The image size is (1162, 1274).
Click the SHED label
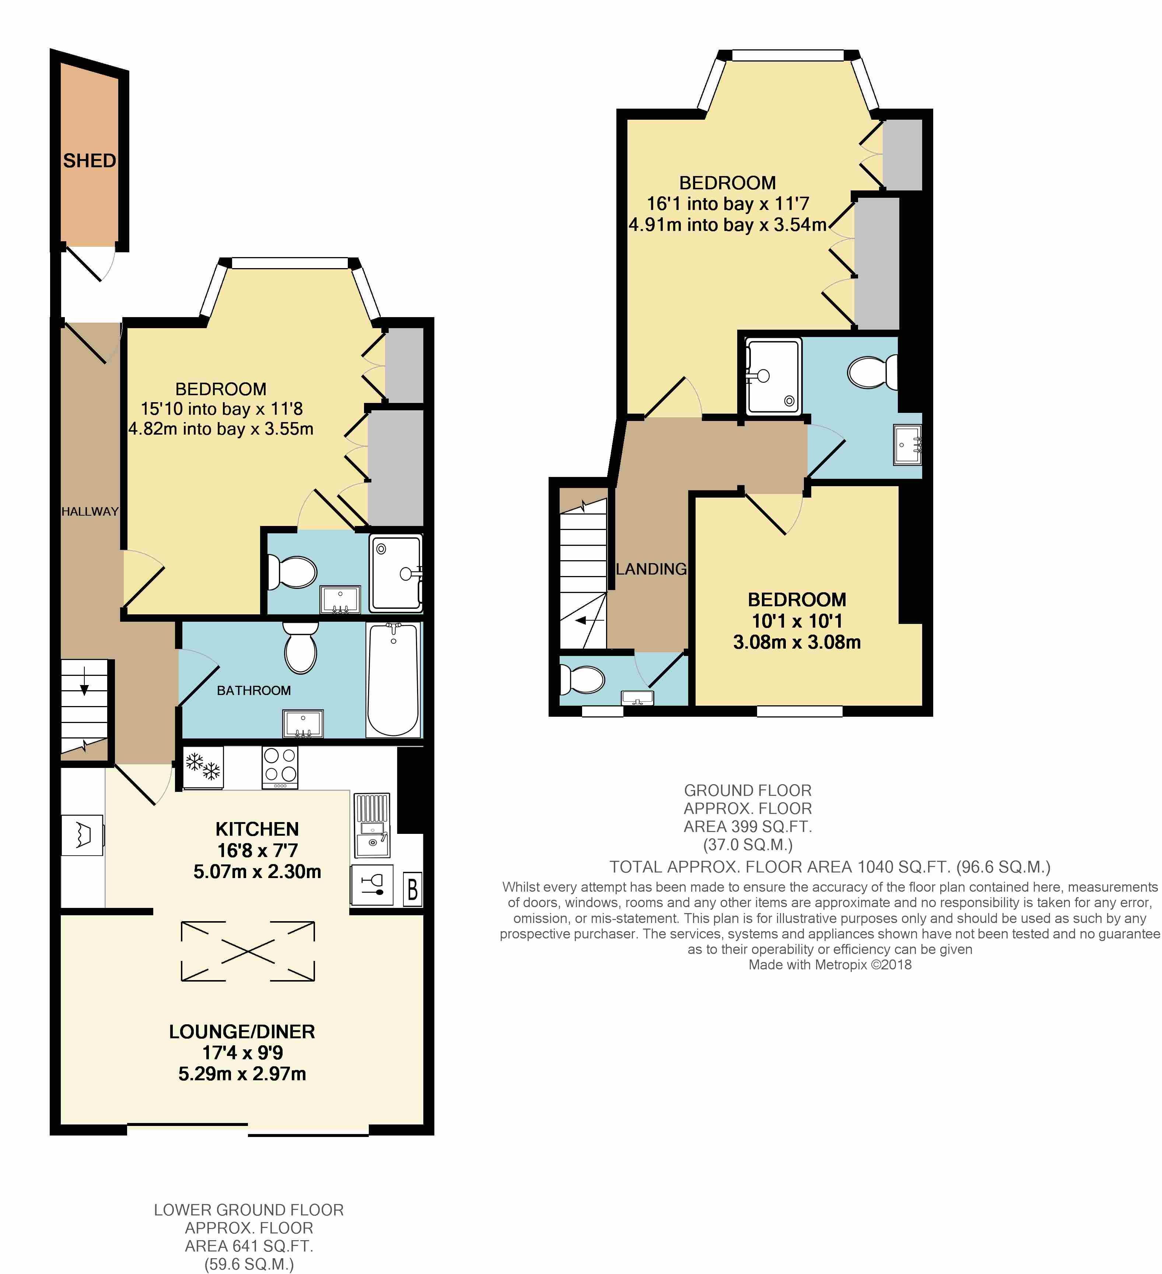[89, 161]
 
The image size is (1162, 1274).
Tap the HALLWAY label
[90, 512]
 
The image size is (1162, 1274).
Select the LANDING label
[651, 569]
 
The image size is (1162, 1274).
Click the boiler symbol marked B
[412, 890]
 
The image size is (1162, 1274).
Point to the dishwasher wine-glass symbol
[372, 884]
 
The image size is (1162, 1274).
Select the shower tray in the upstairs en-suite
[773, 377]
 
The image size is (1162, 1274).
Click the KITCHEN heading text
[257, 829]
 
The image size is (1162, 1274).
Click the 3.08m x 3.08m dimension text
[797, 642]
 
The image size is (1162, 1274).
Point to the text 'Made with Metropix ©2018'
[830, 964]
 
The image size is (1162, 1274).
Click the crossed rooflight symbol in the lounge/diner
[248, 951]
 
